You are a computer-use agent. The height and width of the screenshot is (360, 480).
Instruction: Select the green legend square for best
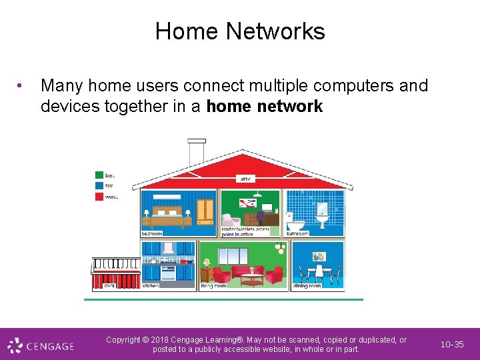pyautogui.click(x=99, y=175)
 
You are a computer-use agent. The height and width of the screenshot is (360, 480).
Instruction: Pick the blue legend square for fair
pyautogui.click(x=99, y=186)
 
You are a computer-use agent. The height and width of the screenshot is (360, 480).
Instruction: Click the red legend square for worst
pyautogui.click(x=99, y=197)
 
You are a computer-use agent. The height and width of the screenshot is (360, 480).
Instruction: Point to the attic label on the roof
pyautogui.click(x=246, y=179)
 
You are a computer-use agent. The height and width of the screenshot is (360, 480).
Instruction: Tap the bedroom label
pyautogui.click(x=152, y=233)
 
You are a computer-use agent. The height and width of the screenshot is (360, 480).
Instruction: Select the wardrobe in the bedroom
pyautogui.click(x=205, y=211)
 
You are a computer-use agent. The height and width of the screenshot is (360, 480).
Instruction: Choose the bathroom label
pyautogui.click(x=298, y=233)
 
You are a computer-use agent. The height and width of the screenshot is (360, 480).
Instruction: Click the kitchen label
pyautogui.click(x=151, y=285)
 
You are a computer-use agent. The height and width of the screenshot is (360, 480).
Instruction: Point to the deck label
pyautogui.click(x=109, y=285)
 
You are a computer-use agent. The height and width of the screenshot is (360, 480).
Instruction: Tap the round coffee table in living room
pyautogui.click(x=251, y=278)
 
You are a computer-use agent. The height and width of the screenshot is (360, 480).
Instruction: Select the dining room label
pyautogui.click(x=307, y=285)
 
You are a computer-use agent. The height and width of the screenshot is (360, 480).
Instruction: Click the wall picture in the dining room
pyautogui.click(x=319, y=257)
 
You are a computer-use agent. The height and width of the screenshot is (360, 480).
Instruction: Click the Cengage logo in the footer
pyautogui.click(x=41, y=345)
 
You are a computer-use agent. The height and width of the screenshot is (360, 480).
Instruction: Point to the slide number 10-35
pyautogui.click(x=452, y=345)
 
